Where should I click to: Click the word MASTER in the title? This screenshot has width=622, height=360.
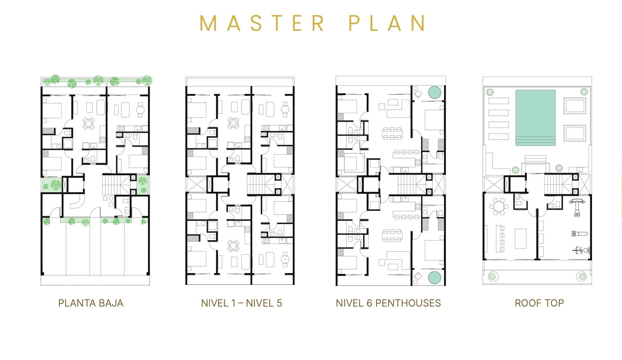click(x=262, y=23)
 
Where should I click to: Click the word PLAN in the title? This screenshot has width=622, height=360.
click(x=387, y=23)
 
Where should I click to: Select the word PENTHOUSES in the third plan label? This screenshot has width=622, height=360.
click(x=408, y=303)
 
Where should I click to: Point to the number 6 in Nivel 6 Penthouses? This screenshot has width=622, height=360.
click(x=369, y=303)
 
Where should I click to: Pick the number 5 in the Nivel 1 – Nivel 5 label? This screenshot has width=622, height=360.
click(x=279, y=303)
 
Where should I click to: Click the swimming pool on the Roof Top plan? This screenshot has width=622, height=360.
click(x=535, y=118)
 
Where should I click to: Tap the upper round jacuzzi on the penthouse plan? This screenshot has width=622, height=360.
click(x=435, y=93)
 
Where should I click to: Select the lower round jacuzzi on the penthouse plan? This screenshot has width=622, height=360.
click(x=435, y=278)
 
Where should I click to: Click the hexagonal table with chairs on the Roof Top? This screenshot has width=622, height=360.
click(x=499, y=207)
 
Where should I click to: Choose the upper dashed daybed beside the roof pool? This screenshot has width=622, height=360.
click(x=575, y=106)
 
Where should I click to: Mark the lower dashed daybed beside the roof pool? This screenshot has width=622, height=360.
click(x=575, y=133)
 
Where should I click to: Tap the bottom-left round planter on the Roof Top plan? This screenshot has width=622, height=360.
click(x=493, y=276)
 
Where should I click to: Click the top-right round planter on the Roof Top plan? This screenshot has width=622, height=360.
click(x=584, y=92)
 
